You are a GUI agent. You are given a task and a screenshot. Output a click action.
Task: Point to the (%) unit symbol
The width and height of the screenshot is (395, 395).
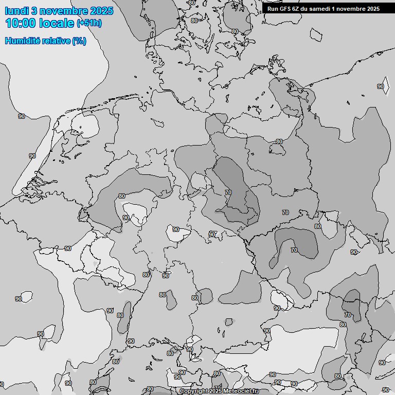click(x=79, y=41)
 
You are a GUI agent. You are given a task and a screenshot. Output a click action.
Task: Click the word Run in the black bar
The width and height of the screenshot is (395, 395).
click(x=273, y=9)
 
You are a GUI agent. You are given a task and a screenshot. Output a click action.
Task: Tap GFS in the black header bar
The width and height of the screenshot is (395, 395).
click(x=285, y=9)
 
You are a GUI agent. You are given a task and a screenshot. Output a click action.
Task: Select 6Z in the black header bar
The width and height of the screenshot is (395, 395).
click(x=298, y=9)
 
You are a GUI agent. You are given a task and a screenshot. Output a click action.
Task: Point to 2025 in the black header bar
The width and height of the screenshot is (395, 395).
click(x=373, y=9)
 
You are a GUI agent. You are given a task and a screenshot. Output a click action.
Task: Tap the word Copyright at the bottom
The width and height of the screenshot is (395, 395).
click(x=194, y=391)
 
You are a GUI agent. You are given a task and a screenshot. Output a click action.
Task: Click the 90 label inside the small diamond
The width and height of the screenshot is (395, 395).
click(x=381, y=86)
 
